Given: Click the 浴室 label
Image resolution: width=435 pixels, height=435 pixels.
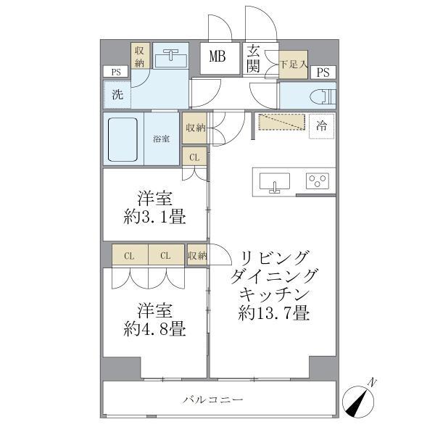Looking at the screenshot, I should [x=162, y=138].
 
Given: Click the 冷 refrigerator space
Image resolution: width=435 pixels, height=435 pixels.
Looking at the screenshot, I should [x=320, y=126].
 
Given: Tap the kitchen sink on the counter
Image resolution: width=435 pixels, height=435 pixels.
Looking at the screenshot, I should [x=275, y=181].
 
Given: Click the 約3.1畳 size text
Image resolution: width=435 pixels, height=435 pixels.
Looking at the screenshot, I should [x=154, y=215].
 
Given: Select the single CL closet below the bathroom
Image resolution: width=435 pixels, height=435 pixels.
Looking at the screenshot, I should [x=194, y=157].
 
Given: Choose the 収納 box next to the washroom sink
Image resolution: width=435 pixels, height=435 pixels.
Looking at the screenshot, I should [x=140, y=57].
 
